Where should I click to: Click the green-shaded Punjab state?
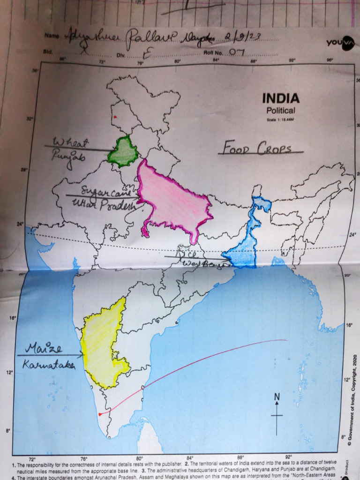tap(123, 152)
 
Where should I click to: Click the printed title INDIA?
tap(280, 98)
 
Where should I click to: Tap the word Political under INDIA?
tap(281, 111)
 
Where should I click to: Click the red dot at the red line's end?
tap(100, 414)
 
